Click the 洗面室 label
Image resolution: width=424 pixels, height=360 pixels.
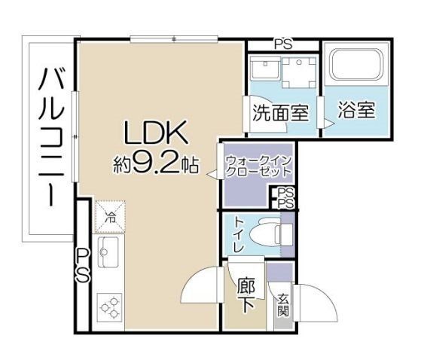tap(280, 114)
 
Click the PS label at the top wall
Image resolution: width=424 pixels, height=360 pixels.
tap(283, 44)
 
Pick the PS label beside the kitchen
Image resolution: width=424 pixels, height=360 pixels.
tap(83, 265)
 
